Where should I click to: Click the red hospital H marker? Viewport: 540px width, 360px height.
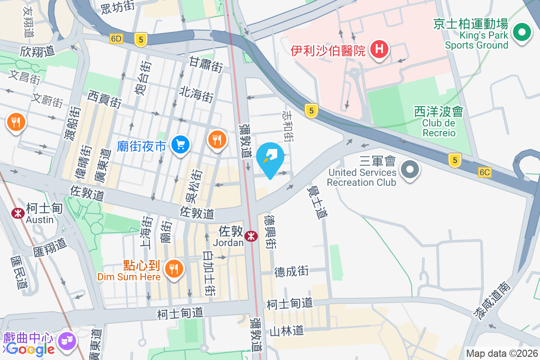pyautogui.click(x=379, y=49)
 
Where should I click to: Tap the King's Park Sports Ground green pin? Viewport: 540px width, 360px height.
pyautogui.click(x=522, y=33)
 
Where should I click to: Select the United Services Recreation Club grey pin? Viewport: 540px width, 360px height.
pyautogui.click(x=409, y=171)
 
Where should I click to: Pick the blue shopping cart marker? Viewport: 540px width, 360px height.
pyautogui.click(x=181, y=145)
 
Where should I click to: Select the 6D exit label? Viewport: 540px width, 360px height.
pyautogui.click(x=116, y=39)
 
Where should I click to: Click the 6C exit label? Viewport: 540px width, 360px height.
pyautogui.click(x=485, y=172)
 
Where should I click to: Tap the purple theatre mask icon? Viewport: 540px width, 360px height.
pyautogui.click(x=67, y=339)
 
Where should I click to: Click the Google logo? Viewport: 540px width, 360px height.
pyautogui.click(x=30, y=349)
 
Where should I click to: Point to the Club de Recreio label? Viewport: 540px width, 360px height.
pyautogui.click(x=439, y=128)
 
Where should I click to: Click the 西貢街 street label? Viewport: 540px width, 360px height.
pyautogui.click(x=104, y=99)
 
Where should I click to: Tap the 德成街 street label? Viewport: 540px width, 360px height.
pyautogui.click(x=292, y=271)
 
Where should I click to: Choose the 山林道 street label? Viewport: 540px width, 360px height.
pyautogui.click(x=287, y=331)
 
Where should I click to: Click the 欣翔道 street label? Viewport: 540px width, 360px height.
pyautogui.click(x=37, y=51)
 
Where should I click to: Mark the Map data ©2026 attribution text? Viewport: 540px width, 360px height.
pyautogui.click(x=502, y=354)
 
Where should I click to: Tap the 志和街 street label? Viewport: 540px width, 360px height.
pyautogui.click(x=288, y=127)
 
